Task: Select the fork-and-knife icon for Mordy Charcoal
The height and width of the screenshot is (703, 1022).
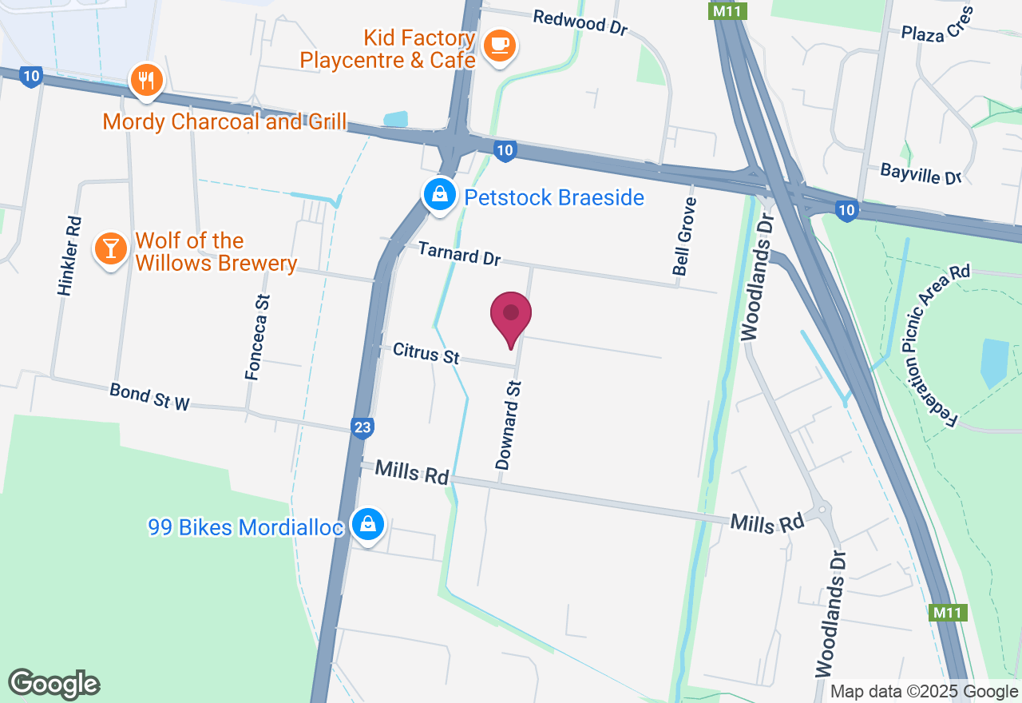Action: (145, 80)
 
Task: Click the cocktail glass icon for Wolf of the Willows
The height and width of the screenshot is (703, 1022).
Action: (110, 248)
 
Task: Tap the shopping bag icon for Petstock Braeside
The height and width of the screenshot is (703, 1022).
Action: (439, 194)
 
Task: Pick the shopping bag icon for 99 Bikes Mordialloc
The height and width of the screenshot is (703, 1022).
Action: (367, 524)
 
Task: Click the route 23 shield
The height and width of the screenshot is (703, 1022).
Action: (362, 428)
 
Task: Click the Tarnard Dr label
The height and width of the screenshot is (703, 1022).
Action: (459, 253)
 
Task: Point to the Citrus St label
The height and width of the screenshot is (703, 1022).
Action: (426, 352)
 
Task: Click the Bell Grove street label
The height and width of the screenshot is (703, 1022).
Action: (684, 236)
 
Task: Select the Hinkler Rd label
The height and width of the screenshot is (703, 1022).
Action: (69, 256)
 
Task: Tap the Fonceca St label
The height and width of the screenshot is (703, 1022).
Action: (258, 336)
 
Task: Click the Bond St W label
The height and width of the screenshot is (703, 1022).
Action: (149, 397)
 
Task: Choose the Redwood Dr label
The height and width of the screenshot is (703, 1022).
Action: (580, 22)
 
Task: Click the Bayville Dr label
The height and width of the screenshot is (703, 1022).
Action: (921, 173)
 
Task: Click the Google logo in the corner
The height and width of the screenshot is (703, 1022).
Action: (53, 685)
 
